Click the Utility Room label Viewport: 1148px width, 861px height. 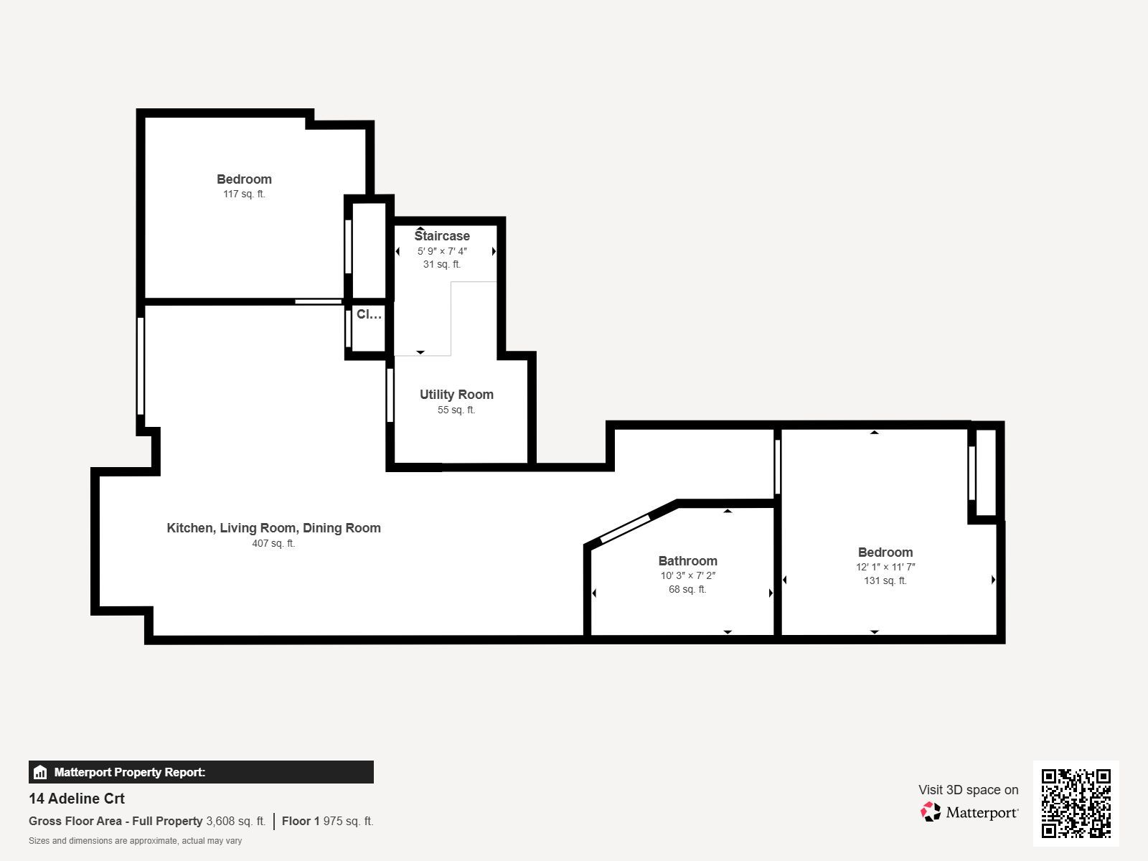(x=456, y=395)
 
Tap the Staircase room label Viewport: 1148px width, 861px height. (x=442, y=236)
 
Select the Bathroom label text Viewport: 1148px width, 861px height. (x=688, y=561)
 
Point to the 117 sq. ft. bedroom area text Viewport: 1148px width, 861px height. (x=244, y=194)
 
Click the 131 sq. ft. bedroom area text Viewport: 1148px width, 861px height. (x=885, y=580)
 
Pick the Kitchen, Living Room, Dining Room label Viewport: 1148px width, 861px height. (x=273, y=528)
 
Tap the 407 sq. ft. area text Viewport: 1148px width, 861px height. (x=273, y=543)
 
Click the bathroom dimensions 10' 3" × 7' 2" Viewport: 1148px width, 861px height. (x=688, y=575)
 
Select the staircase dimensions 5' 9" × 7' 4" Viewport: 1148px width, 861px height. (x=442, y=251)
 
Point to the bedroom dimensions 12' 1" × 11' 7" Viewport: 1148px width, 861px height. (x=885, y=567)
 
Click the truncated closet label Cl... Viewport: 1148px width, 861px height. (x=369, y=314)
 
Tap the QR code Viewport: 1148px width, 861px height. (x=1076, y=803)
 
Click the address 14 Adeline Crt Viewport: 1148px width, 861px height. (x=77, y=799)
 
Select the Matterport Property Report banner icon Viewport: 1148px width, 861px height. (x=40, y=772)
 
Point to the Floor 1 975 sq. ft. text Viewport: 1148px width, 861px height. (x=327, y=821)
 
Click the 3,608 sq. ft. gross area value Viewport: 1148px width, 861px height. (x=236, y=821)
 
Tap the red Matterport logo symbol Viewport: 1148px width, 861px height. (x=931, y=812)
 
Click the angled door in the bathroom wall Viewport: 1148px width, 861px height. (x=626, y=529)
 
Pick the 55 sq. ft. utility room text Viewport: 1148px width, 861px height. (x=456, y=410)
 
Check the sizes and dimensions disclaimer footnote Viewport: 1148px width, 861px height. (x=135, y=841)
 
